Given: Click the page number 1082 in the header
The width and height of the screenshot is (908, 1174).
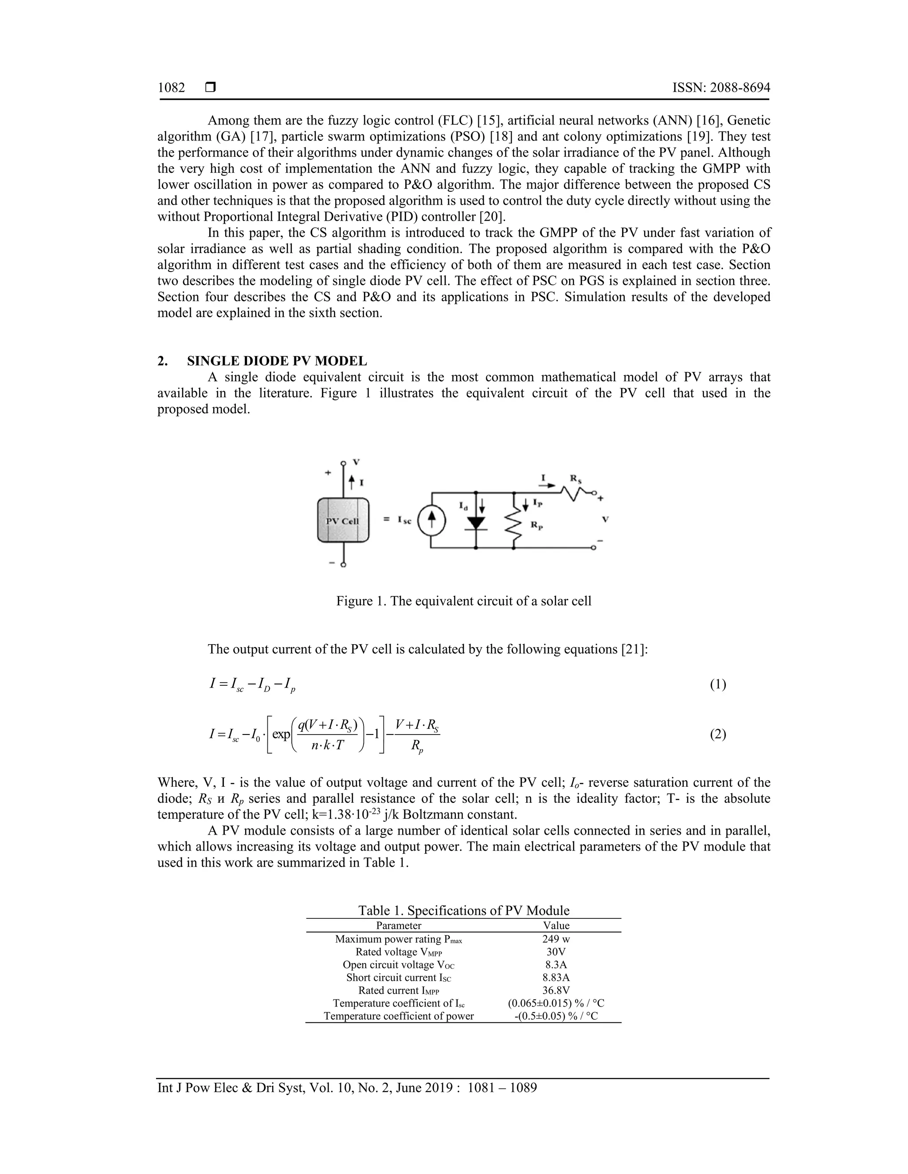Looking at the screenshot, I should point(171,88).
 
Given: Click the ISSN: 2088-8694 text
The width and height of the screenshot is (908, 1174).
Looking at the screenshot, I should point(721,88).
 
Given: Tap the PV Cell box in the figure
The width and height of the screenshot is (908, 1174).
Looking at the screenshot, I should point(343,521).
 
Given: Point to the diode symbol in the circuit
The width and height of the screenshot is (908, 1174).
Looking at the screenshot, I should point(476,522).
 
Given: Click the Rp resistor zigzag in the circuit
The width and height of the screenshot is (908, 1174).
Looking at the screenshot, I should point(514,524).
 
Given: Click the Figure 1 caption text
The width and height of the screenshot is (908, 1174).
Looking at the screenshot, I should point(464,601).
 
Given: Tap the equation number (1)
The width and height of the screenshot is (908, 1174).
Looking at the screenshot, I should point(718,684).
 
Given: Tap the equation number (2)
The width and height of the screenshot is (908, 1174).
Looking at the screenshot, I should point(718,734).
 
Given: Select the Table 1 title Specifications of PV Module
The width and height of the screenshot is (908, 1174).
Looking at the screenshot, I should point(464,910).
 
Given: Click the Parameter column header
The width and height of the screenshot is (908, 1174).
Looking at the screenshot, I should point(399,925).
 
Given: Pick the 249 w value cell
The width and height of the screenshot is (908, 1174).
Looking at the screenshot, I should point(556,939).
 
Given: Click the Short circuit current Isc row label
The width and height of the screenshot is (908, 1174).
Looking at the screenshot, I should point(399,977).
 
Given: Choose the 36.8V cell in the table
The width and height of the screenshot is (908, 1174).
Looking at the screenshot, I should point(556,990).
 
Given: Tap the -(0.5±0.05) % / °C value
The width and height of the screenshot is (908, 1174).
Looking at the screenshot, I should point(556,1016).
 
